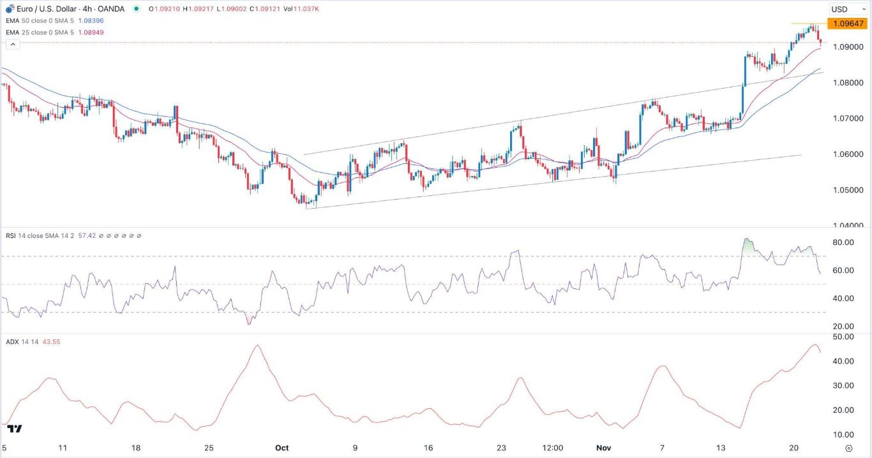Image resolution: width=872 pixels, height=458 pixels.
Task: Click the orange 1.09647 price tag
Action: [x=846, y=24]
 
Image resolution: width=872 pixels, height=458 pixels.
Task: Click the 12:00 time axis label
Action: [x=552, y=448]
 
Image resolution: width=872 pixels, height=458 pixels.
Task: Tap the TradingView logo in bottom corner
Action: [x=17, y=429]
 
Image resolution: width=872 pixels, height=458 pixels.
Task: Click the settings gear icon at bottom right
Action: [x=848, y=448]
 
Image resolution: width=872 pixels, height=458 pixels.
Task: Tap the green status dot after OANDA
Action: [x=137, y=10]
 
